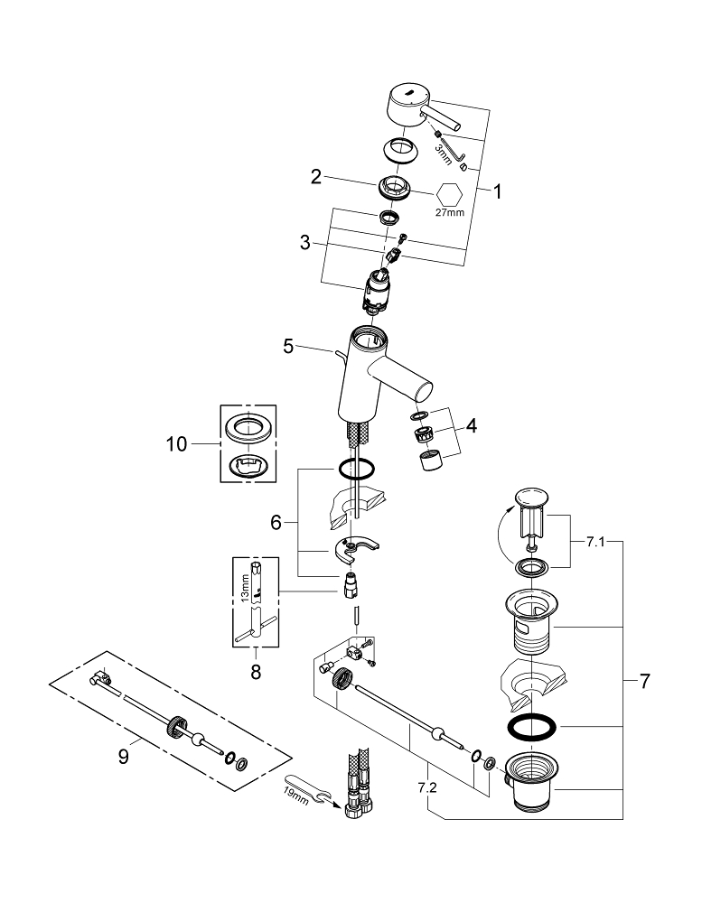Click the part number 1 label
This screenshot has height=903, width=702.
(x=495, y=191)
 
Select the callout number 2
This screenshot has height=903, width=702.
(x=316, y=177)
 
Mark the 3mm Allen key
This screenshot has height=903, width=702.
(x=455, y=150)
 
